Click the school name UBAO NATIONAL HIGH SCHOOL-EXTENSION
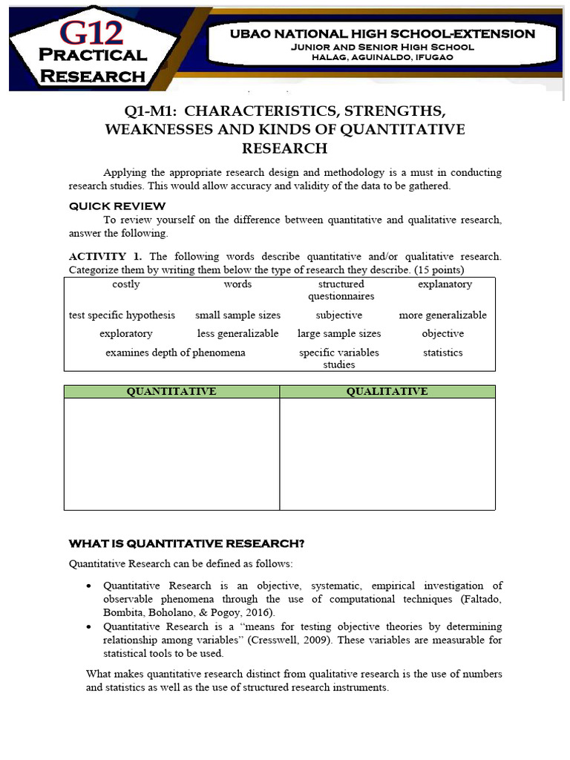[x=371, y=33]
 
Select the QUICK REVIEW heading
[x=117, y=206]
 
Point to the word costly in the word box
[x=126, y=284]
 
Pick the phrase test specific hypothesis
[x=122, y=315]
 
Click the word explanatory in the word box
[x=445, y=284]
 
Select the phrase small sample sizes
[x=238, y=315]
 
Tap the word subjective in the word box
[x=339, y=315]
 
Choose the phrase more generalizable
[x=443, y=315]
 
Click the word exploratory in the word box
[x=126, y=334]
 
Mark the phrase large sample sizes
[x=339, y=334]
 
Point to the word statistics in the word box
[x=443, y=353]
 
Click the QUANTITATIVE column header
[x=171, y=391]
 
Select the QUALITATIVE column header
[x=387, y=391]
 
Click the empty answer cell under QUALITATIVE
[x=387, y=453]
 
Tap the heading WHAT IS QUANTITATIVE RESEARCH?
[x=187, y=543]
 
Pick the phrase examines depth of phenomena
[x=175, y=353]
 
